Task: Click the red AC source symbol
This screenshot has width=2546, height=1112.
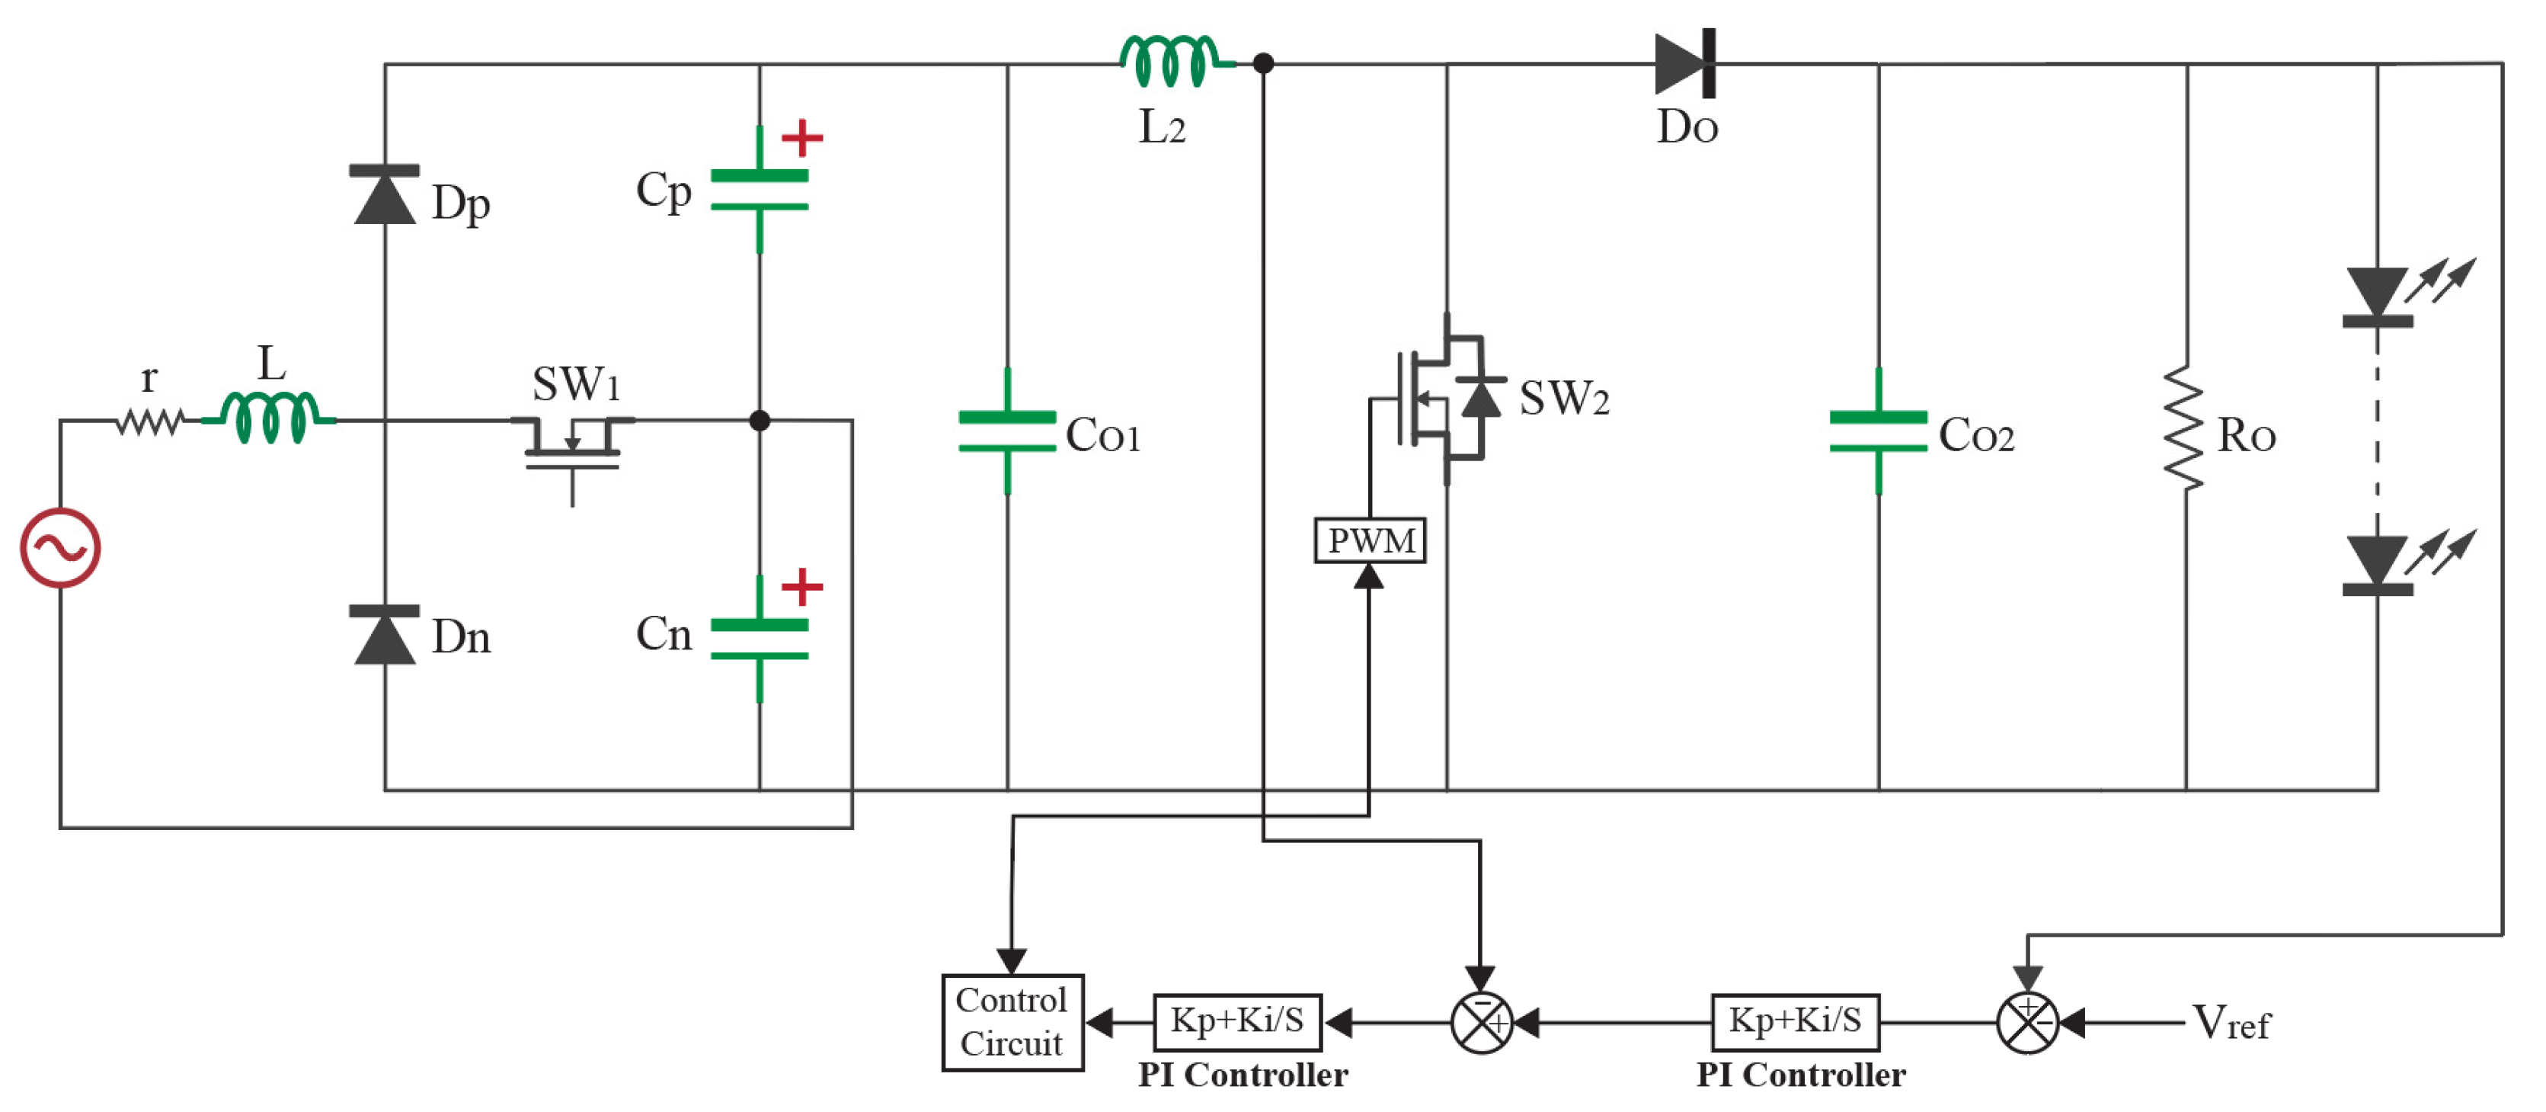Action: point(60,547)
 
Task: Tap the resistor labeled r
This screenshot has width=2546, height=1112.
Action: point(149,422)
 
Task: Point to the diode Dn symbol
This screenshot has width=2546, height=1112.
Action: point(385,635)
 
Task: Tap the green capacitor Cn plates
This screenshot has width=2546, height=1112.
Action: point(759,639)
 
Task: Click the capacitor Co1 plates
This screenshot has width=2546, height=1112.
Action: point(1007,432)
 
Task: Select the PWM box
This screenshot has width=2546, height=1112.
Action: point(1369,540)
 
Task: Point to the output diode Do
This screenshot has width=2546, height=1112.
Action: point(1686,63)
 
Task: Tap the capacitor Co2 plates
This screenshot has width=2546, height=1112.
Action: point(1878,432)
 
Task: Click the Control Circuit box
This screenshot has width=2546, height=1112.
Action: point(1012,1022)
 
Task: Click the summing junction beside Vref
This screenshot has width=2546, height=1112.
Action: point(2027,1022)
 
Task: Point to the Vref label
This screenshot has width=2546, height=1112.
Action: point(2231,1022)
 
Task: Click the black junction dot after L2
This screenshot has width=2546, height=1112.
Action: point(1262,63)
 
